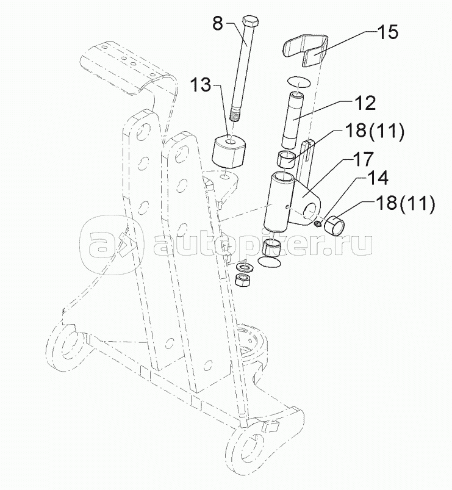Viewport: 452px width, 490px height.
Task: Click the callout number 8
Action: [x=218, y=25]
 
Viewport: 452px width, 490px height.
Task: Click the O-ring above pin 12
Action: [x=299, y=81]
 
